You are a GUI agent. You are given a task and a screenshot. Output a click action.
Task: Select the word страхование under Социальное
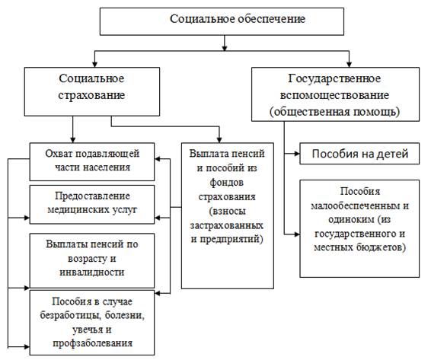pos(91,95)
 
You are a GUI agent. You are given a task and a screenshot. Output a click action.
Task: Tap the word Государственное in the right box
pos(334,78)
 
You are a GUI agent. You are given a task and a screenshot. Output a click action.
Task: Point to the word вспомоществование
pos(334,95)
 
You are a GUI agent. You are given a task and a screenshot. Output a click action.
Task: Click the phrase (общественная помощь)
pos(334,112)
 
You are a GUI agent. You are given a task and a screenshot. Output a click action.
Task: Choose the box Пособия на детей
pos(359,154)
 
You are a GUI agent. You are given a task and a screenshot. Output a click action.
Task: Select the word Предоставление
pos(92,196)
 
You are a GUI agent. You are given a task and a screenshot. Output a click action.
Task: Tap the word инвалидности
pos(92,272)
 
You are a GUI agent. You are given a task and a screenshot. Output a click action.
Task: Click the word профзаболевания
pos(92,343)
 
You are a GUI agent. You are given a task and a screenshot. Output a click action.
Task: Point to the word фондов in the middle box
pos(227,182)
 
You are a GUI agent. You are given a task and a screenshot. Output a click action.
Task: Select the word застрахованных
pos(227,225)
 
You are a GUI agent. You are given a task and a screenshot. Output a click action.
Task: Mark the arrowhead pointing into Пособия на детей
pos(296,154)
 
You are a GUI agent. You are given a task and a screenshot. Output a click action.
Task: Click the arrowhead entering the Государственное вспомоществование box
pos(349,64)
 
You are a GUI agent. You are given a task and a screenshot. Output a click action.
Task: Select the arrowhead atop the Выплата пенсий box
pos(219,139)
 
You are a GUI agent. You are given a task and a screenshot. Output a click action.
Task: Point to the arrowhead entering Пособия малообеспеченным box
pos(296,234)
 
